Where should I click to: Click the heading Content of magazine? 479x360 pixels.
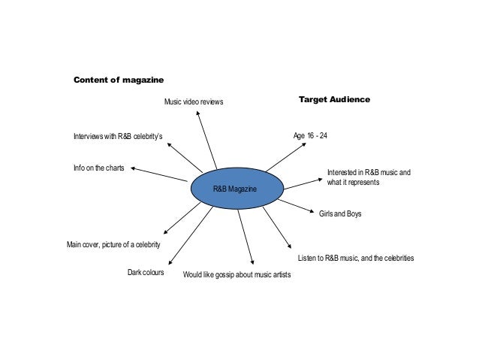point(118,80)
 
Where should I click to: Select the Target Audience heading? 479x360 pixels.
point(334,98)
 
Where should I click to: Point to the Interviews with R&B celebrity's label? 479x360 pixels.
point(117,137)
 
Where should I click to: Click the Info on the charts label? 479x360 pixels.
point(98,168)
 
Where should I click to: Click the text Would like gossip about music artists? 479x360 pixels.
point(236,275)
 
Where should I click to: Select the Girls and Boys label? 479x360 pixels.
point(340,214)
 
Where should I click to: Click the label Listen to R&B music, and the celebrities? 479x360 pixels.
point(356,259)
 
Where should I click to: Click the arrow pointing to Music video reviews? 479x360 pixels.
point(206,139)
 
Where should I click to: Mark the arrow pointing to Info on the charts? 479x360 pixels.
point(159,174)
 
